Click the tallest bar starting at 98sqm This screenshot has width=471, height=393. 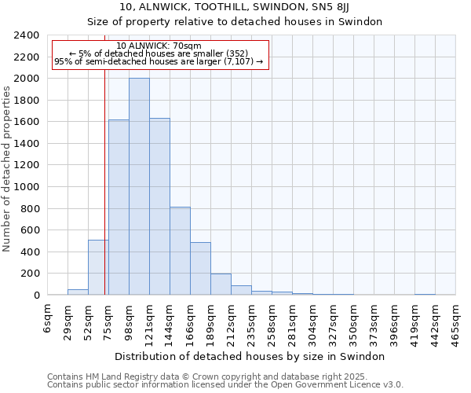[139, 187]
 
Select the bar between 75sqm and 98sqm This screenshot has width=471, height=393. [119, 208]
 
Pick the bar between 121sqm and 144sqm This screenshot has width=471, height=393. [159, 207]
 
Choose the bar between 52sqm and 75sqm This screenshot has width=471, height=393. [98, 267]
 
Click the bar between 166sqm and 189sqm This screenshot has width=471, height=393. [200, 269]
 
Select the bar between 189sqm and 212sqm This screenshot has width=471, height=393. [221, 285]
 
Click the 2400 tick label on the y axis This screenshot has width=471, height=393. [27, 35]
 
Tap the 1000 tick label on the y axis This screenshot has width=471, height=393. [27, 187]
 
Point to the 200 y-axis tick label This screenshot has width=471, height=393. [31, 274]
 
